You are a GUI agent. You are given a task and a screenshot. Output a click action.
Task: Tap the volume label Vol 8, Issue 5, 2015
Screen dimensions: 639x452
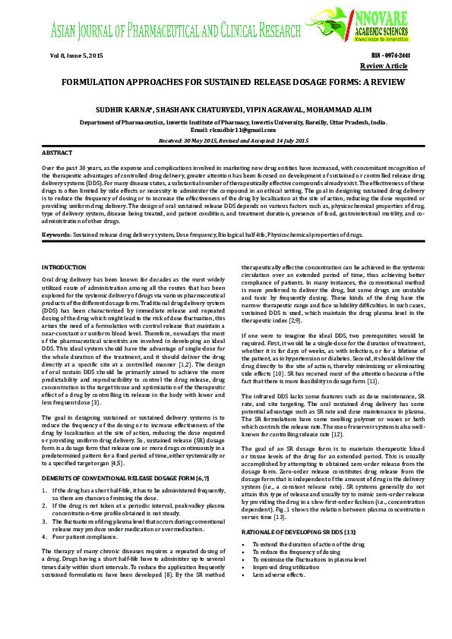click(75, 56)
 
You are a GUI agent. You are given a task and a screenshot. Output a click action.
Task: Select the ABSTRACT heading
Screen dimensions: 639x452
click(57, 153)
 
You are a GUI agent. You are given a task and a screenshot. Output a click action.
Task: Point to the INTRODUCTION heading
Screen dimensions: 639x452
click(65, 268)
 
